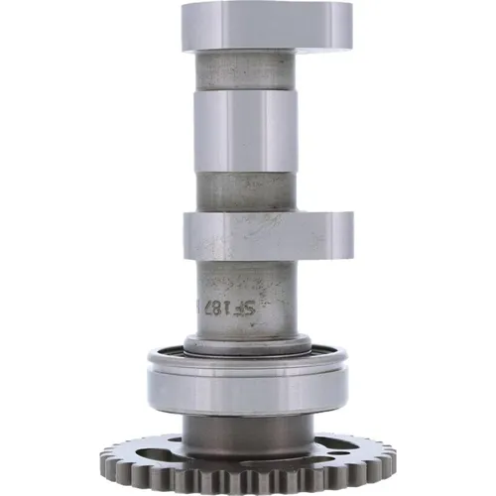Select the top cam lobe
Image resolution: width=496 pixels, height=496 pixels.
pos(266,27)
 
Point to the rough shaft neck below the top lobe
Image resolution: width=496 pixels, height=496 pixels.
pos(244,70)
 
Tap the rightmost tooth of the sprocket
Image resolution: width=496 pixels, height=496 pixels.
pos(391,457)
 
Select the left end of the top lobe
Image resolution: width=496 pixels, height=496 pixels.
pos(190,27)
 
